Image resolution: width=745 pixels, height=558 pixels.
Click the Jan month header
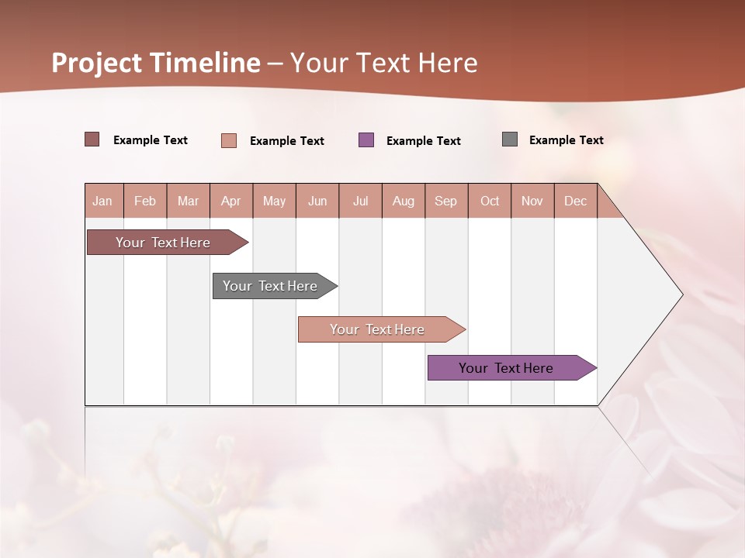(103, 201)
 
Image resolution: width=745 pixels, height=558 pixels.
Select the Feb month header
(145, 201)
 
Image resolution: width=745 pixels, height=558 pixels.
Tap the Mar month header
(188, 201)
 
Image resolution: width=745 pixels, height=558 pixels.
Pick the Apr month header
(231, 201)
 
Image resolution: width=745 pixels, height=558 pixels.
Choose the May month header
(274, 201)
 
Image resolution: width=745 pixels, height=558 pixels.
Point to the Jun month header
(317, 201)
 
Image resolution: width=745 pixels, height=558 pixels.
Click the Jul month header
(360, 201)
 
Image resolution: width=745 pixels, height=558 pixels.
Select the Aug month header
(404, 201)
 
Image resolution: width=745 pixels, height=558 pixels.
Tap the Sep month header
(446, 201)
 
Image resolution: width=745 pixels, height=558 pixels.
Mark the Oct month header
(490, 201)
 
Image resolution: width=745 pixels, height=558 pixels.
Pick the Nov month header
(532, 201)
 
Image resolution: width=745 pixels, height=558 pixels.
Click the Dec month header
(576, 201)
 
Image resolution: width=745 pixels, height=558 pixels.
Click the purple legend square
(366, 139)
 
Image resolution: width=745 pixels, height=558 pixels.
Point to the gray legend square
(510, 139)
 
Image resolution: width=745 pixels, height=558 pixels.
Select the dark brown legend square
(92, 139)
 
